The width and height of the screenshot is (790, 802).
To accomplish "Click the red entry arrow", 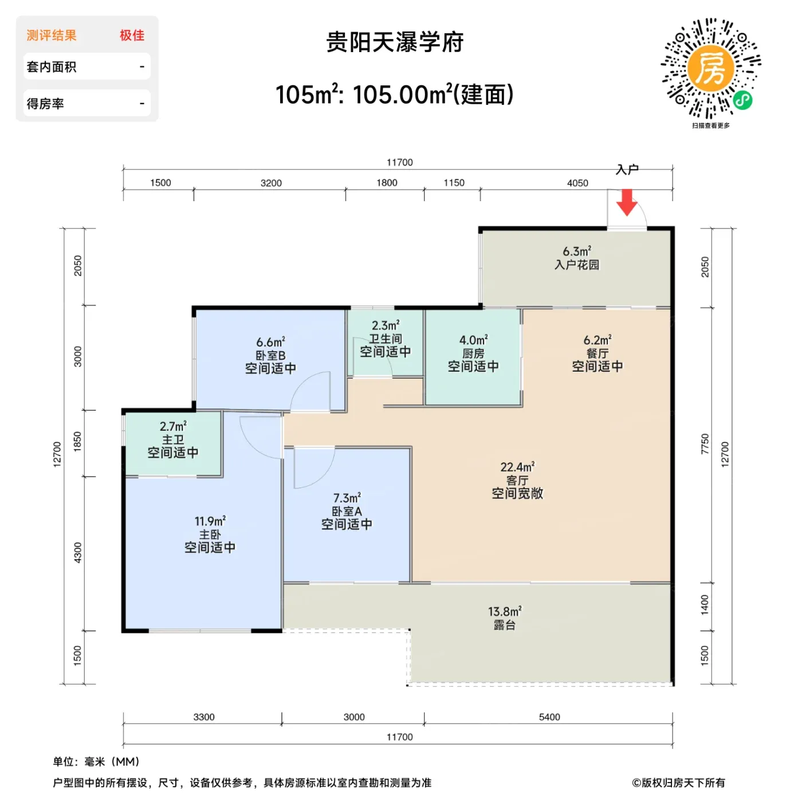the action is click(626, 202).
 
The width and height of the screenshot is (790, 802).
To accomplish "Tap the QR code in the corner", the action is click(710, 69).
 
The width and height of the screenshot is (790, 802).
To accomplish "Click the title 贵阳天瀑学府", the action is click(395, 42).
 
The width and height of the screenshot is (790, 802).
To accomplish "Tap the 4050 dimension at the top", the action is click(577, 183).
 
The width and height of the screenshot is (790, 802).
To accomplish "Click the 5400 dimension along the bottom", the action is click(549, 717).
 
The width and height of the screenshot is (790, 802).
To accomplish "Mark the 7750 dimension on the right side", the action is click(704, 443).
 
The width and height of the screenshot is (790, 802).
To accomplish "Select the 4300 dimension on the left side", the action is click(77, 553).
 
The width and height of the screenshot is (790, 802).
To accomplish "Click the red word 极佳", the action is click(132, 36).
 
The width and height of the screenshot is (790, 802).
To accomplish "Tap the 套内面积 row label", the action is click(52, 66).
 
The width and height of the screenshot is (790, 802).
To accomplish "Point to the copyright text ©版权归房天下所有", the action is click(678, 783).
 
